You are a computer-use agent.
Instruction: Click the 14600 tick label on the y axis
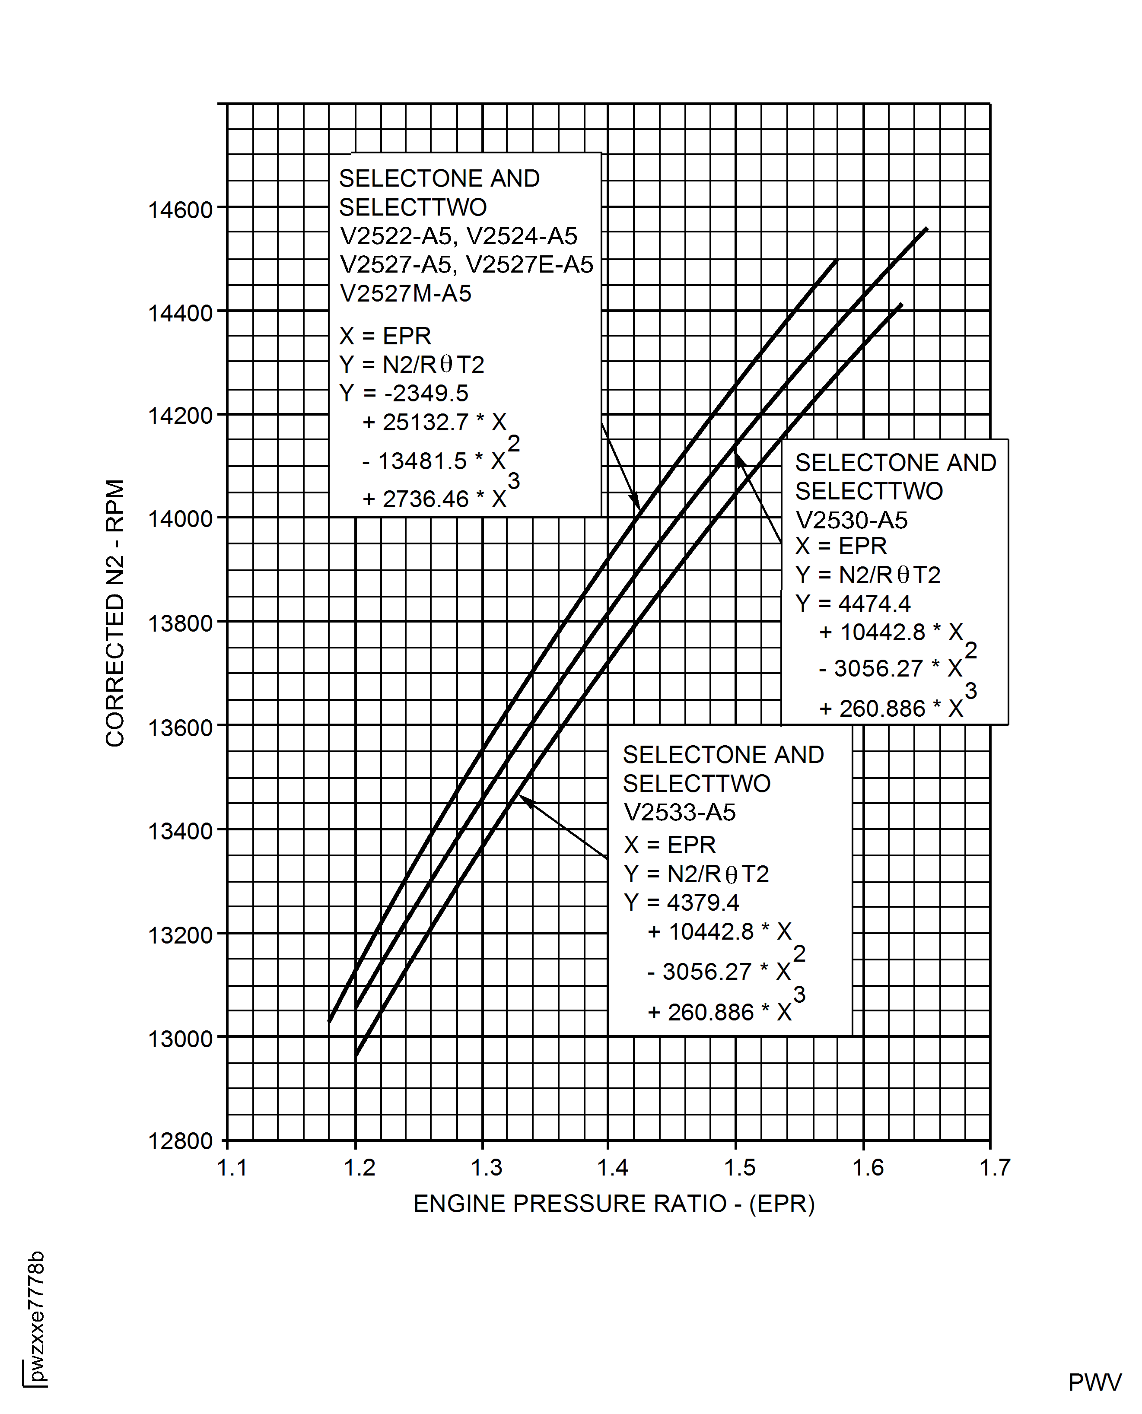coord(180,210)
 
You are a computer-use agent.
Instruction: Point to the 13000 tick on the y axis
coord(180,1039)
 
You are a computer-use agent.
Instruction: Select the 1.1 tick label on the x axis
coord(232,1168)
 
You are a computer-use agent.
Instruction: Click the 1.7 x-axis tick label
coord(994,1168)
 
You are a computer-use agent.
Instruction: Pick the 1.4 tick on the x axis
coord(612,1168)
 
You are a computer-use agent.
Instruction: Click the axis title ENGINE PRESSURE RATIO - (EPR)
coord(614,1204)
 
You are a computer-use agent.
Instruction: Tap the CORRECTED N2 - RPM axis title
coord(115,613)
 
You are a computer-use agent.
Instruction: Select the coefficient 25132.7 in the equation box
coord(426,422)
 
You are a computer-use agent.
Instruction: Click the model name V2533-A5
coord(680,813)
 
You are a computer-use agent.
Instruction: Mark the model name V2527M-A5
coord(405,293)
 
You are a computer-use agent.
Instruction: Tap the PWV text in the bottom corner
coord(1094,1383)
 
